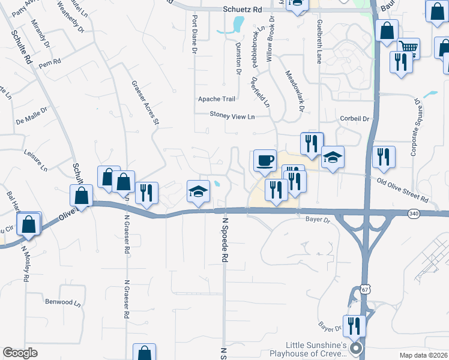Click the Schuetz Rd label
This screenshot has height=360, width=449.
[x=243, y=10]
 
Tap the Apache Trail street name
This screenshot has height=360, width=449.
[x=217, y=99]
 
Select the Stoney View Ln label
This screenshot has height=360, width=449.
[x=232, y=115]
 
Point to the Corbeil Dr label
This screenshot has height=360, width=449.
[x=354, y=119]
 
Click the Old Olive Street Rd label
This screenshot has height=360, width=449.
[x=403, y=190]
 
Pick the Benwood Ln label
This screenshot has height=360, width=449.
[x=62, y=302]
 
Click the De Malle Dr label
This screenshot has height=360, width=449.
[x=28, y=120]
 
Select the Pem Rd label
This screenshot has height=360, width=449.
[x=50, y=62]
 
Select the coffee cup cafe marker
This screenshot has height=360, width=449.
[x=265, y=161]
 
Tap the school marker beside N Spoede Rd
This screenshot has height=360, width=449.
[x=199, y=191]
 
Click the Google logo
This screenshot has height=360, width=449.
[x=20, y=353]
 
